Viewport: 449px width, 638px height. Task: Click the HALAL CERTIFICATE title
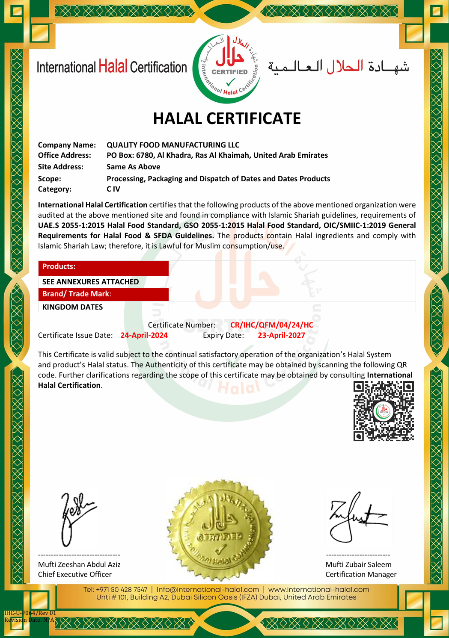[x=227, y=118]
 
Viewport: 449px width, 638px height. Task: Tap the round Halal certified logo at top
[x=226, y=69]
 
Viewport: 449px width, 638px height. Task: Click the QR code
[x=384, y=411]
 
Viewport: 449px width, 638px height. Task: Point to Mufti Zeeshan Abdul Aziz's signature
[x=77, y=518]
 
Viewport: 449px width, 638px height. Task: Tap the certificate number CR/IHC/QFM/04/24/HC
[x=272, y=325]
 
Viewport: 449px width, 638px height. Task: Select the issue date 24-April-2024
[x=144, y=335]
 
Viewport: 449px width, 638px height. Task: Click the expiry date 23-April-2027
[x=281, y=335]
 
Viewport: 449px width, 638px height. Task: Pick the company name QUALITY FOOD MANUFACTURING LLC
[x=173, y=145]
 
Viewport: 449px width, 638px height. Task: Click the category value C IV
[x=113, y=189]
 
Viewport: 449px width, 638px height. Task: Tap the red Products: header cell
[x=104, y=267]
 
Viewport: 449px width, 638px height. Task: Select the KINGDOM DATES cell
[x=73, y=307]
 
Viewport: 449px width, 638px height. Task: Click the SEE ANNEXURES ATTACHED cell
[x=90, y=282]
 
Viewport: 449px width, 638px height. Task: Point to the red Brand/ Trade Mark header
[x=104, y=294]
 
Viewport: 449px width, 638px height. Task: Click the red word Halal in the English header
[x=113, y=67]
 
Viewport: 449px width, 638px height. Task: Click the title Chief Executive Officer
[x=75, y=574]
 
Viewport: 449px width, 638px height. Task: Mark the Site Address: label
[x=61, y=167]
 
